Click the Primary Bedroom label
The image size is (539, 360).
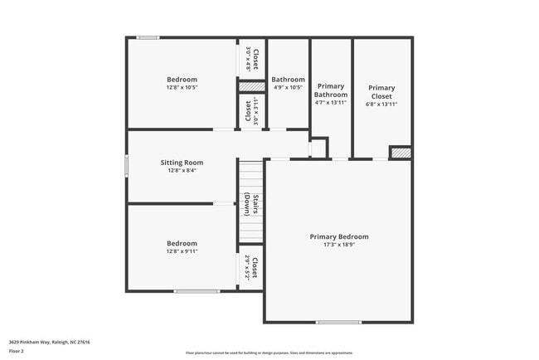(339, 236)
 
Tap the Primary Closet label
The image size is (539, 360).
(381, 91)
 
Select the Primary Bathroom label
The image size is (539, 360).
(331, 90)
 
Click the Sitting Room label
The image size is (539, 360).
(182, 163)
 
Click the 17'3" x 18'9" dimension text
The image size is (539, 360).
(339, 245)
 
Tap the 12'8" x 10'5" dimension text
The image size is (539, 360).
(182, 87)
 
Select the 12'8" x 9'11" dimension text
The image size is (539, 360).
(182, 251)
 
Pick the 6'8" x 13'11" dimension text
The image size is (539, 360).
(381, 105)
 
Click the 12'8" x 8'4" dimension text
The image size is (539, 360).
(182, 171)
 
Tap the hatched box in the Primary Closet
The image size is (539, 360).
(401, 153)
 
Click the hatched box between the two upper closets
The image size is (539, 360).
(252, 86)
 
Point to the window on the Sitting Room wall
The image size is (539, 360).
(127, 165)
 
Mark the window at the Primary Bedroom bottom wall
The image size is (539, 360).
(338, 322)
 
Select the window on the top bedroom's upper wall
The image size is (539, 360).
(148, 37)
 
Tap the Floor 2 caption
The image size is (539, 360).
(17, 351)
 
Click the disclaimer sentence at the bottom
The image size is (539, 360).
(269, 353)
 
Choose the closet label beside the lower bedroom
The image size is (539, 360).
(252, 268)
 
